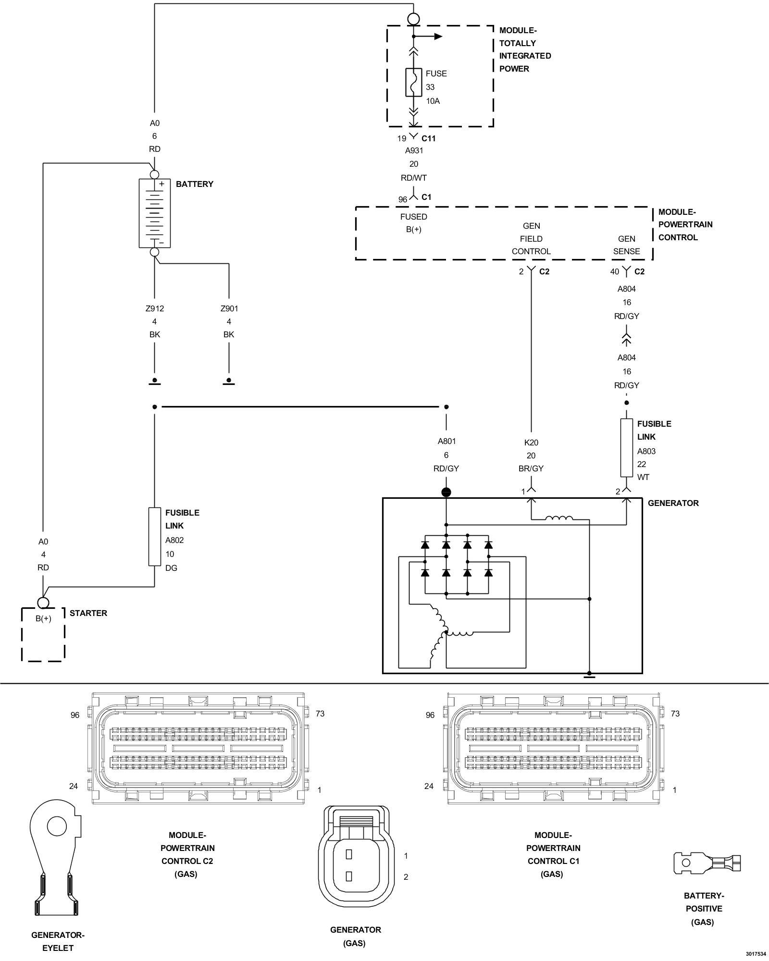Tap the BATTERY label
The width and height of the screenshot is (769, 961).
coord(194,184)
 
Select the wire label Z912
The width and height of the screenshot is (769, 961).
coord(154,308)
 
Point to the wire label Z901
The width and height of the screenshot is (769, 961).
coord(229,308)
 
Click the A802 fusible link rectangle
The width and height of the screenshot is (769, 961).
coord(154,536)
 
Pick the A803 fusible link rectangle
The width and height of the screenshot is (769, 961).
coord(626,448)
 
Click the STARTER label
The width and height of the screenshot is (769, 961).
coord(88,613)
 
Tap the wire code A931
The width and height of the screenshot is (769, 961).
coord(414,150)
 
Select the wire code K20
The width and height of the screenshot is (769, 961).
coord(531,443)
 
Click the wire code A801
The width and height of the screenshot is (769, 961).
coord(447,441)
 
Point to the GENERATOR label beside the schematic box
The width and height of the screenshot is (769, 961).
coord(673,503)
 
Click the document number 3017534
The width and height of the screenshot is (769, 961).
coord(756,954)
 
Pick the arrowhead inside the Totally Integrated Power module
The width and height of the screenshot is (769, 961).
coord(437,36)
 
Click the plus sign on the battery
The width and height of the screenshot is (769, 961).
coord(162,184)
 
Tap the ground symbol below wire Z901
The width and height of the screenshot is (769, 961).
coord(229,382)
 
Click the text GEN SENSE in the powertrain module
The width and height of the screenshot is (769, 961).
coord(626,245)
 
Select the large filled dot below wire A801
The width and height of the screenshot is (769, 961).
coord(446,492)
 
